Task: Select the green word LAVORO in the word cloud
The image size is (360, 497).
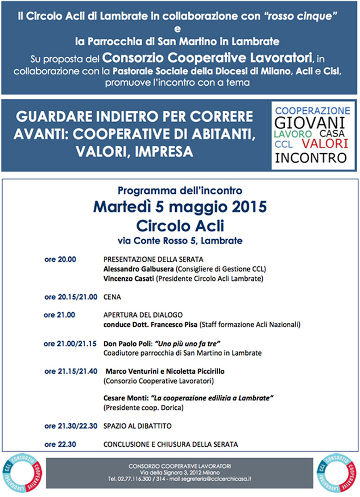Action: click(x=293, y=134)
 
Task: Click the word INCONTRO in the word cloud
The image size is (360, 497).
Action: click(x=310, y=158)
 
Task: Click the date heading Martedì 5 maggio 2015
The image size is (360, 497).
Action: click(x=179, y=207)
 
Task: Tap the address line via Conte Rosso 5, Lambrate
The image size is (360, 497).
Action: click(x=179, y=240)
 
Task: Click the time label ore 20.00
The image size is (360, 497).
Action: click(x=60, y=260)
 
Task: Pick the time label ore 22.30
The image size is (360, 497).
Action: click(x=60, y=444)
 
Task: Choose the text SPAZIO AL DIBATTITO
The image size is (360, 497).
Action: click(x=137, y=426)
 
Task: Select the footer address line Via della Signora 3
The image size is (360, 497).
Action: click(x=179, y=472)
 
